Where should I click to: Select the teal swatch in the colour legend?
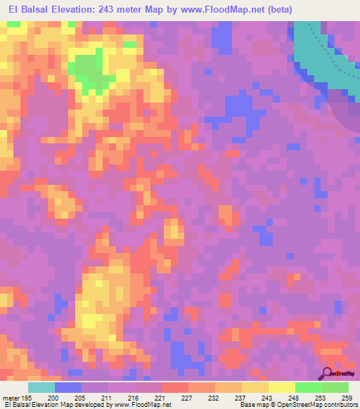pos(41,387)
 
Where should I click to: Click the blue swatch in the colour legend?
pos(67,387)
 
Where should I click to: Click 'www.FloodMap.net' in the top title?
pos(213,10)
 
